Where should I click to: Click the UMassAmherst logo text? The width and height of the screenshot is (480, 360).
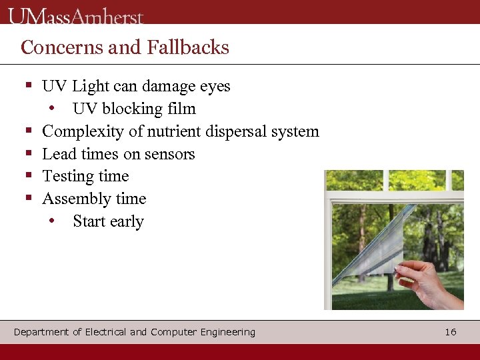point(76,15)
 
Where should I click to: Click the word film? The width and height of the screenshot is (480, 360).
point(181,109)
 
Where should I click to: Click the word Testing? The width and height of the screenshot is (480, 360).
point(67,177)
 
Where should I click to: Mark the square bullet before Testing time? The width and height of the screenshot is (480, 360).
point(29,176)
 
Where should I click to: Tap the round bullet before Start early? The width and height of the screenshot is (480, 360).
point(52,221)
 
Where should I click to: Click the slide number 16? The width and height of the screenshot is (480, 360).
point(451,331)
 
